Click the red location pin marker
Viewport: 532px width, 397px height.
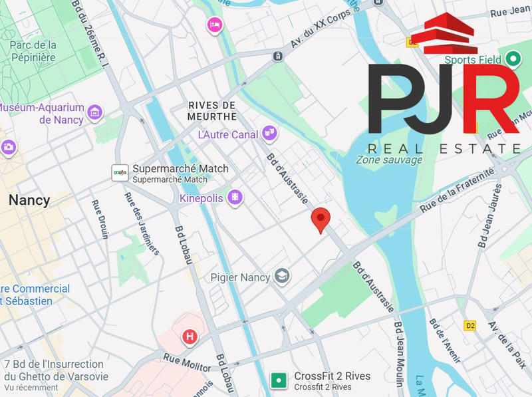pyautogui.click(x=321, y=219)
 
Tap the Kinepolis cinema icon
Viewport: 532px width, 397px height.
pyautogui.click(x=234, y=198)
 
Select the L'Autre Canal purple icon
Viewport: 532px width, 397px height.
pyautogui.click(x=269, y=134)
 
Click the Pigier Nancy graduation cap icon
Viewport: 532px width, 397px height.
pyautogui.click(x=282, y=276)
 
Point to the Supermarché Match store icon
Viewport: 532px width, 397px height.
pyautogui.click(x=120, y=173)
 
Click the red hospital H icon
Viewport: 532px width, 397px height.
pyautogui.click(x=190, y=336)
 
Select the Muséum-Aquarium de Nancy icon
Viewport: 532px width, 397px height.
pyautogui.click(x=94, y=113)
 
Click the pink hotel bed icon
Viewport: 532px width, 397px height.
pyautogui.click(x=214, y=25)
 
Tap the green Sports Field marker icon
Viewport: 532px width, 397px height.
pyautogui.click(x=512, y=59)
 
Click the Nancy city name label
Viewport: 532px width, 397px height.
pyautogui.click(x=29, y=200)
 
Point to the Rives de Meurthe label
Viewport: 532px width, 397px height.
pyautogui.click(x=212, y=111)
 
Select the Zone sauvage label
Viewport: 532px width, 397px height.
pyautogui.click(x=389, y=160)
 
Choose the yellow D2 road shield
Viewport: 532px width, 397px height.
pyautogui.click(x=471, y=325)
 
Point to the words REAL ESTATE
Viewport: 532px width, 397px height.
pyautogui.click(x=444, y=148)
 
